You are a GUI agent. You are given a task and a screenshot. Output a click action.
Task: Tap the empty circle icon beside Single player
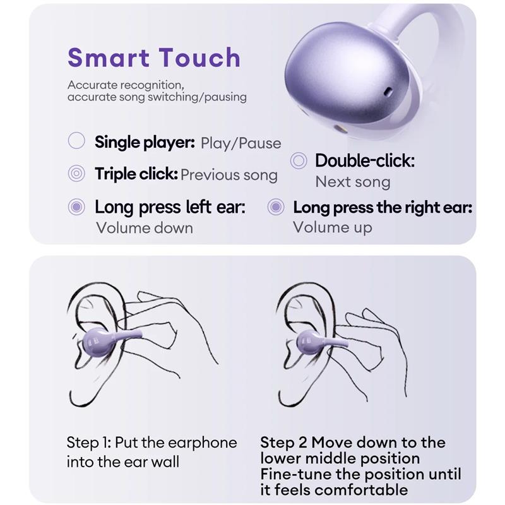coord(76,141)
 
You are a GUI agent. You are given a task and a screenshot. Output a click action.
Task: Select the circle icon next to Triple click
coord(76,174)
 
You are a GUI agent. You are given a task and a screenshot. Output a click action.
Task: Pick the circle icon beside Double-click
coord(299,160)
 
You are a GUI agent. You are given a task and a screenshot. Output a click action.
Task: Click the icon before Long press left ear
coord(76,206)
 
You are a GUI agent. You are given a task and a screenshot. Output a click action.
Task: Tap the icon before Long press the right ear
coord(276,206)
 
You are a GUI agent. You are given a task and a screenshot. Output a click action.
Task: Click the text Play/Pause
coord(241,143)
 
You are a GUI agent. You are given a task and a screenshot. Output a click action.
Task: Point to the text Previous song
coord(229,175)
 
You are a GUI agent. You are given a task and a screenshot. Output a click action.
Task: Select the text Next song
coord(353,182)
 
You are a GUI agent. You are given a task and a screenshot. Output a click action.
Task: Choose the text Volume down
coord(145,227)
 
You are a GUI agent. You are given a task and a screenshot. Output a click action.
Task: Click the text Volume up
coord(333,227)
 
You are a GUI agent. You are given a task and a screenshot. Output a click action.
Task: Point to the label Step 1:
coord(89,443)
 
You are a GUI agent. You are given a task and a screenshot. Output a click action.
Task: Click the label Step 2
coord(283,443)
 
